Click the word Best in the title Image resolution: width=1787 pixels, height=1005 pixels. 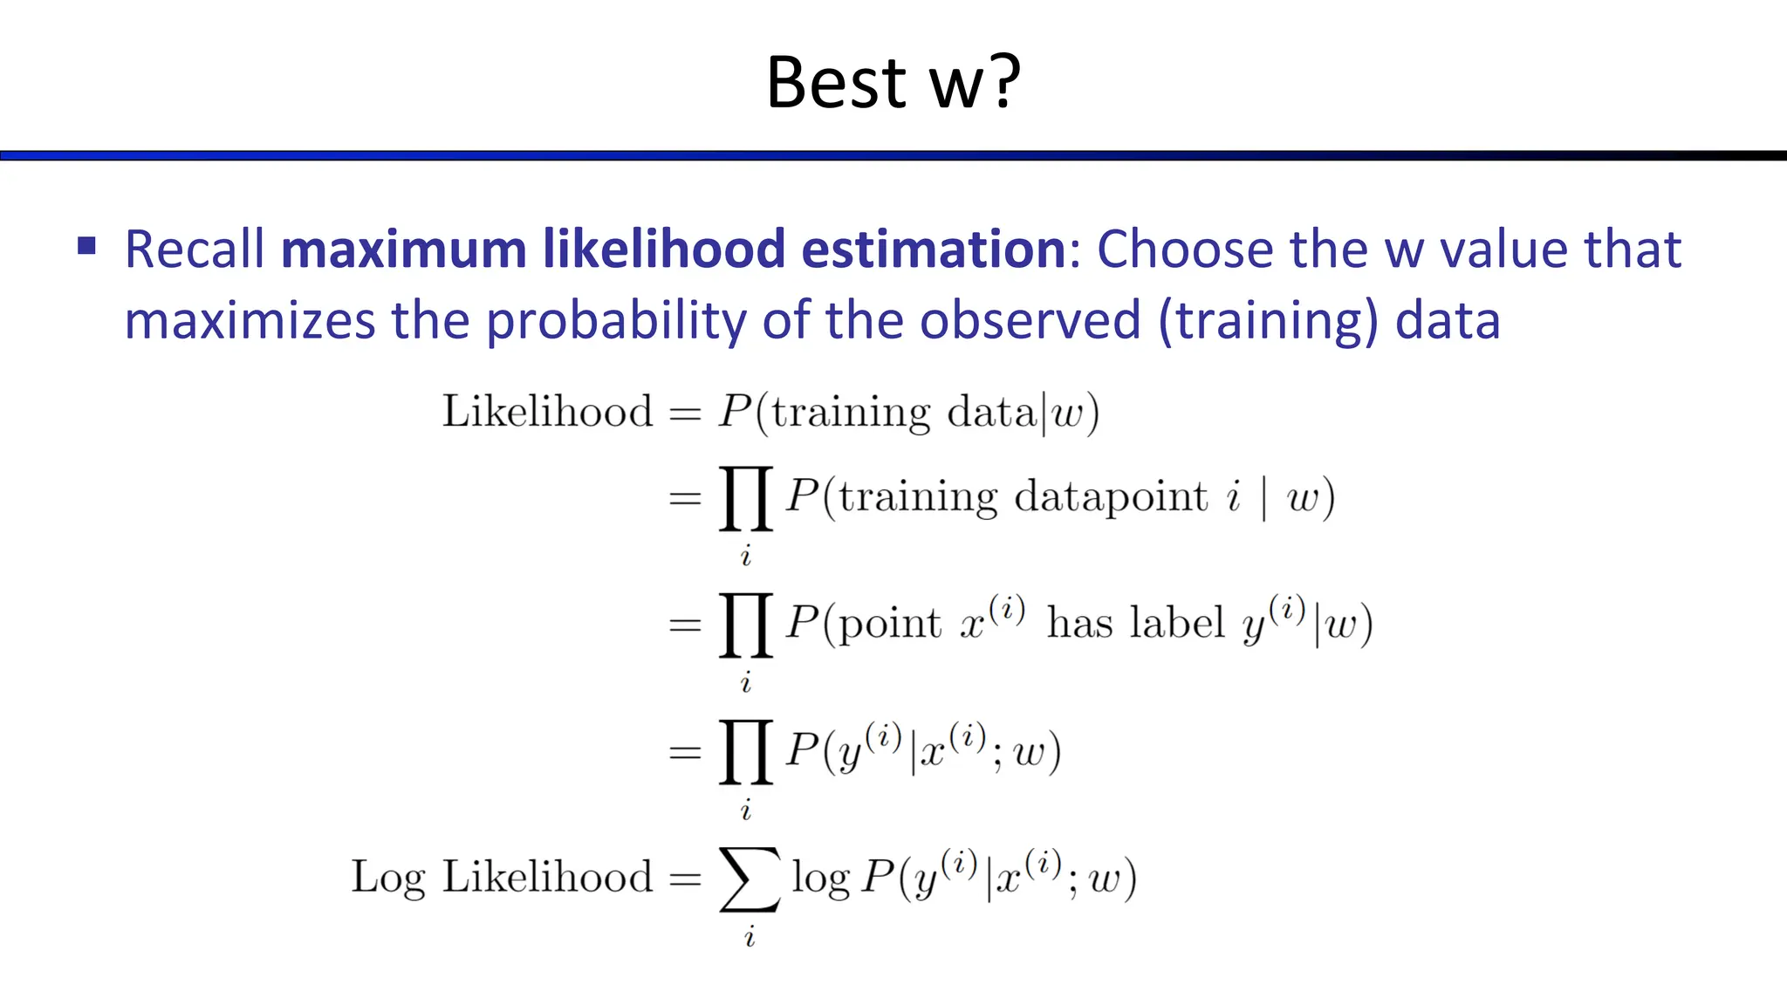[x=837, y=83]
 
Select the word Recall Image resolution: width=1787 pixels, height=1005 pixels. [x=195, y=250]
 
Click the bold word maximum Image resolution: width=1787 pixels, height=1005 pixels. [x=404, y=250]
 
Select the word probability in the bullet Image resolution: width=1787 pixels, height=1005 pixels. [x=616, y=321]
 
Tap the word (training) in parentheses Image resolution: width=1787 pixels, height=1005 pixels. [x=1269, y=321]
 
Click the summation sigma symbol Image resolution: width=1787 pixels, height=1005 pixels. [x=749, y=879]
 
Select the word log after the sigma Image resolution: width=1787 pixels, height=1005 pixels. [x=820, y=879]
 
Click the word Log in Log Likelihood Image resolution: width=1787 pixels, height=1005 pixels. [x=388, y=877]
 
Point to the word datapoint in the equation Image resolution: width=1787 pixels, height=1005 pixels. [x=1111, y=497]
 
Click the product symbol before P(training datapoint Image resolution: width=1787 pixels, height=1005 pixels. [x=746, y=498]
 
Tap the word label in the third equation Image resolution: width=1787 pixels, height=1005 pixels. [x=1178, y=624]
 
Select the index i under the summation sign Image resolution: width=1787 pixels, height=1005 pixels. [x=749, y=938]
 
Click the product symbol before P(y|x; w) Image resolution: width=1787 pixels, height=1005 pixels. [x=746, y=751]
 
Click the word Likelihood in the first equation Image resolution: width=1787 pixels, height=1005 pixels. [x=547, y=411]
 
